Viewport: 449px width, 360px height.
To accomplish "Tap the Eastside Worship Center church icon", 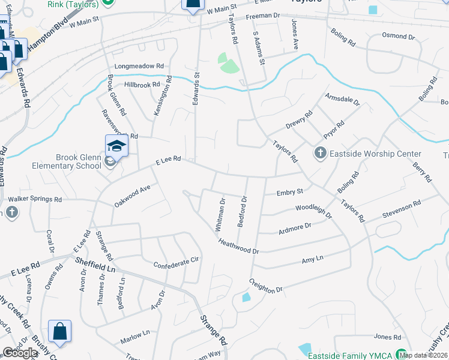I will (x=319, y=154).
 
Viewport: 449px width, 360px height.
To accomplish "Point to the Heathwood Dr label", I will (x=238, y=247).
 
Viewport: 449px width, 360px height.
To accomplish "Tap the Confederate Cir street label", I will (x=176, y=263).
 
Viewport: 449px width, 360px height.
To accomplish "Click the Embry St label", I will (x=290, y=192).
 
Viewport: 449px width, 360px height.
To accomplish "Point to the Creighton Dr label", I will (x=265, y=286).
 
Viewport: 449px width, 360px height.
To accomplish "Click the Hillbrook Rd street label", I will (x=142, y=85).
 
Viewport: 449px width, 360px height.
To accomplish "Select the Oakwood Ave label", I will (x=131, y=196).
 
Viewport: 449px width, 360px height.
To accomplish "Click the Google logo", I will (x=19, y=353).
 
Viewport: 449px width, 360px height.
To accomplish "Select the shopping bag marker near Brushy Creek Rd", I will (x=60, y=332).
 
